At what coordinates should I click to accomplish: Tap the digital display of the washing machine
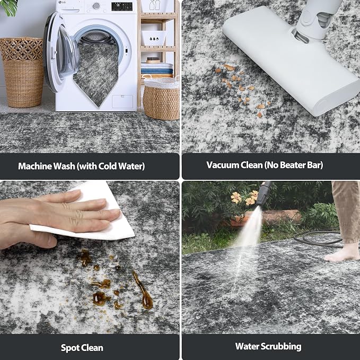[122, 6]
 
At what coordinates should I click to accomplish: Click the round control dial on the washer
[96, 6]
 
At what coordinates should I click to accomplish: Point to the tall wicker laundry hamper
[22, 72]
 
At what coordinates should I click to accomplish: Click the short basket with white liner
[161, 99]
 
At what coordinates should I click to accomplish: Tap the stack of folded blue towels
[157, 68]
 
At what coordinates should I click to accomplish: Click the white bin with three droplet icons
[154, 38]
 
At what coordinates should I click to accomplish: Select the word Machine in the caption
[35, 166]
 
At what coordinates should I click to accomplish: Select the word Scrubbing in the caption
[282, 346]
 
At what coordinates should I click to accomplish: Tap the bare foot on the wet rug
[341, 253]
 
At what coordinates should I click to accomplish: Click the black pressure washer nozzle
[264, 194]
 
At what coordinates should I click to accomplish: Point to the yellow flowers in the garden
[244, 197]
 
